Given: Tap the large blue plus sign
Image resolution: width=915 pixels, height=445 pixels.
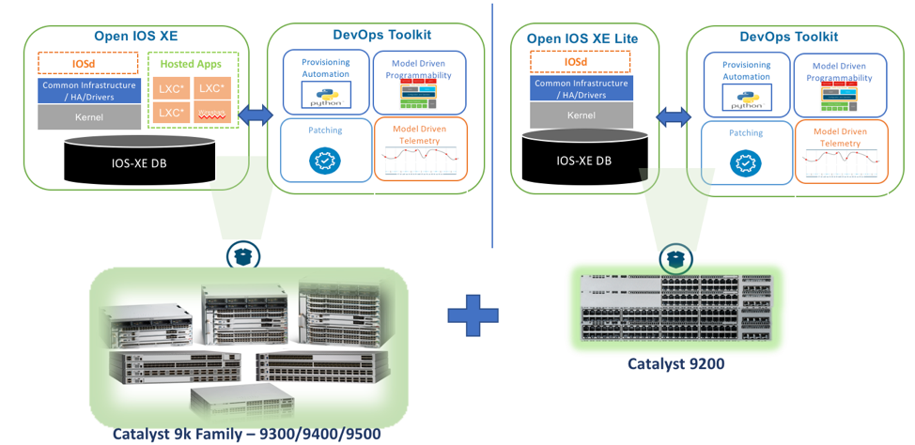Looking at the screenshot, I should pyautogui.click(x=473, y=315).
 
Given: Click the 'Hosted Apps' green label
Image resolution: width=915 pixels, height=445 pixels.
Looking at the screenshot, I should pyautogui.click(x=193, y=64).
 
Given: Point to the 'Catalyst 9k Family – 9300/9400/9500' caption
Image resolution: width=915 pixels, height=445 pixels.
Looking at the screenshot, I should pyautogui.click(x=247, y=434).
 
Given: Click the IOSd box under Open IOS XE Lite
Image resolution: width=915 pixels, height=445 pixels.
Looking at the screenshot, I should pyautogui.click(x=581, y=62).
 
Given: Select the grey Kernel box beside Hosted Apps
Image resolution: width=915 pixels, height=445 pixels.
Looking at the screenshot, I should pyautogui.click(x=89, y=117).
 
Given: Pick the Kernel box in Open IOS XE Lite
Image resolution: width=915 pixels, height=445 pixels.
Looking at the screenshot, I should pyautogui.click(x=581, y=115).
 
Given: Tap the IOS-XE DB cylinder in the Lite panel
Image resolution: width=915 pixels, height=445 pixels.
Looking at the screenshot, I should pyautogui.click(x=583, y=160).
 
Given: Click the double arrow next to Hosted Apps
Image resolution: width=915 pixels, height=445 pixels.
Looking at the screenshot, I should pyautogui.click(x=256, y=115).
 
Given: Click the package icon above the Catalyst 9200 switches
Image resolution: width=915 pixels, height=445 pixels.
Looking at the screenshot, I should pyautogui.click(x=674, y=257).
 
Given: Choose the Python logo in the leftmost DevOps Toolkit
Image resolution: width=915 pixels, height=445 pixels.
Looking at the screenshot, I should pyautogui.click(x=324, y=95).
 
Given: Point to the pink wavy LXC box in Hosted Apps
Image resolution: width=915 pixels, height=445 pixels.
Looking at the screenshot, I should pyautogui.click(x=211, y=113).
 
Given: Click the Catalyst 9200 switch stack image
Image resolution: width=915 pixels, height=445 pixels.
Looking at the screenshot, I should pyautogui.click(x=674, y=308).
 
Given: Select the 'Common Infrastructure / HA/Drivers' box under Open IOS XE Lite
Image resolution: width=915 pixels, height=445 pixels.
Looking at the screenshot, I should pyautogui.click(x=581, y=88).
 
